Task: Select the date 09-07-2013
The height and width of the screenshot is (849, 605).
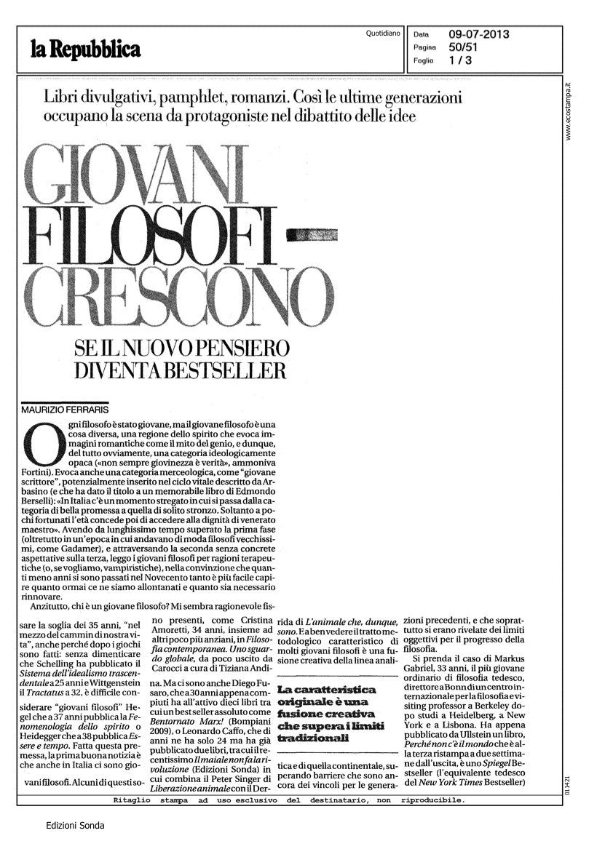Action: pos(478,33)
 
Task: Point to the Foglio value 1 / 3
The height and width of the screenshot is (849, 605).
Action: pos(459,60)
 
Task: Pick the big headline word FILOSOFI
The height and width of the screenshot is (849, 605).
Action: pos(146,236)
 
